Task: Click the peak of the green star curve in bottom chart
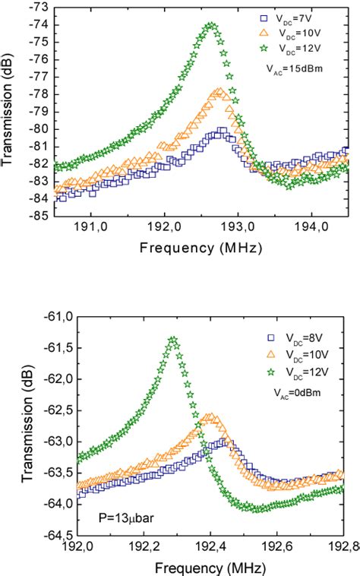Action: click(173, 340)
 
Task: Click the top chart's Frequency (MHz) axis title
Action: click(201, 247)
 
